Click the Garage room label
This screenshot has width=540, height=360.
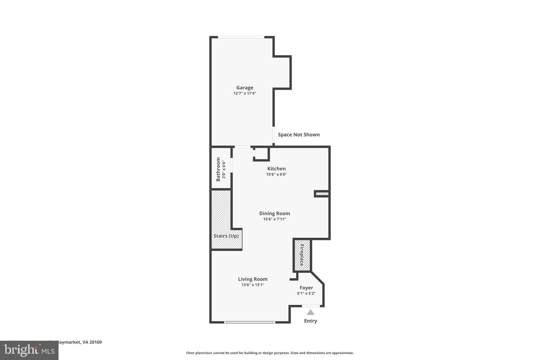pos(244,88)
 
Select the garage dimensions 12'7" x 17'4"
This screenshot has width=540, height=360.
pos(244,93)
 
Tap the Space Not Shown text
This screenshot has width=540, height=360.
pos(298,135)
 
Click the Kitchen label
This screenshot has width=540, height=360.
pos(276,169)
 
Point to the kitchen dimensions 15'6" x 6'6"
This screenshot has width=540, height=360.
pos(276,174)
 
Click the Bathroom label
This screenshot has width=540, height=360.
pos(218,169)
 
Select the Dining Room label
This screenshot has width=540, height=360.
pos(274,213)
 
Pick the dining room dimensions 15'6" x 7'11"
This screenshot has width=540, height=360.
pos(274,219)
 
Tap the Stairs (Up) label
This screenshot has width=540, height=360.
pos(226,236)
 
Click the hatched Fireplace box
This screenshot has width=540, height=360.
pos(302,255)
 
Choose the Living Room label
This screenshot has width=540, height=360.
pos(253,279)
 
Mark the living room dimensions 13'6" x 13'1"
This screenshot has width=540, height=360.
pos(253,285)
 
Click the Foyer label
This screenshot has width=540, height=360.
pos(306,288)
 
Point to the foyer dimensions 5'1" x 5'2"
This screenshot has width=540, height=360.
pos(306,293)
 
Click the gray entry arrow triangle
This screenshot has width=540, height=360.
pos(310,312)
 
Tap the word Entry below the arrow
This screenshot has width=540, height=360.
pos(310,321)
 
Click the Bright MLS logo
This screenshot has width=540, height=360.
pos(29,350)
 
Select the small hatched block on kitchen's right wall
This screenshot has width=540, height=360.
pos(322,194)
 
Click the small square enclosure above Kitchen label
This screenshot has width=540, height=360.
pos(261,154)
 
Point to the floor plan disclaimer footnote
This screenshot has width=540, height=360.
pos(270,353)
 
